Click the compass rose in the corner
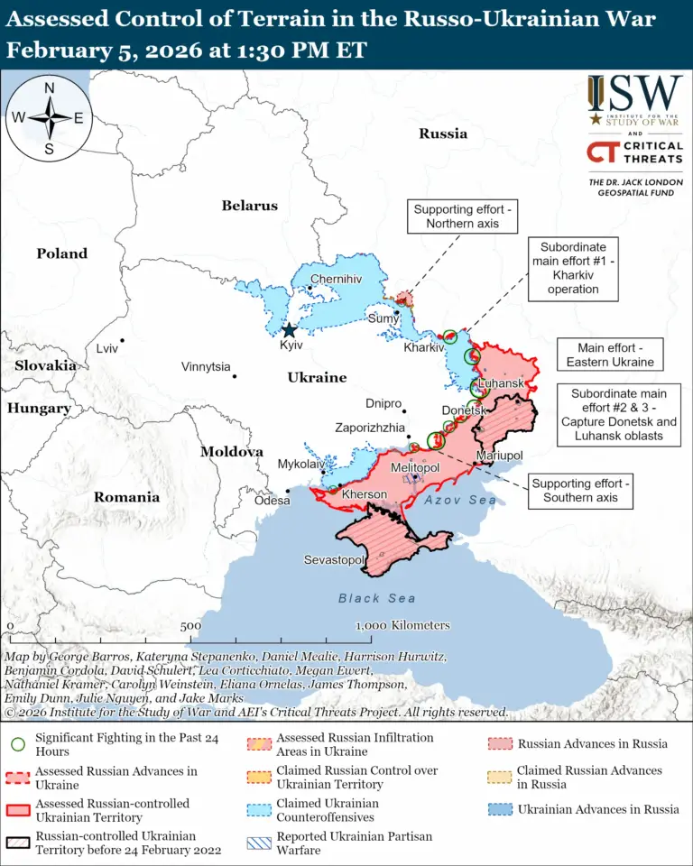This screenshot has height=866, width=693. [49, 117]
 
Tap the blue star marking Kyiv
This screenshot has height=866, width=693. [289, 330]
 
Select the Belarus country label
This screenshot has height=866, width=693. [250, 206]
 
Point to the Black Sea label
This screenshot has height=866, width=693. [377, 598]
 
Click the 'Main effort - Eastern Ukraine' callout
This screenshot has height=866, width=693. [609, 354]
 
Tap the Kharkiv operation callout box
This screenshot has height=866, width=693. [572, 268]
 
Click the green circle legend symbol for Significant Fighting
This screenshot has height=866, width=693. [17, 745]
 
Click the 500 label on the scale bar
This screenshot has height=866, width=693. [190, 626]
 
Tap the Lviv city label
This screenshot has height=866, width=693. [106, 348]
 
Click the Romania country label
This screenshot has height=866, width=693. [126, 497]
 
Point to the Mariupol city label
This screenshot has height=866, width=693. [500, 455]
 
